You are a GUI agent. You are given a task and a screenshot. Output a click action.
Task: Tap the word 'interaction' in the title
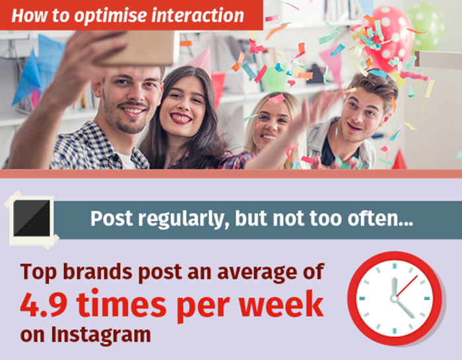coord(198,15)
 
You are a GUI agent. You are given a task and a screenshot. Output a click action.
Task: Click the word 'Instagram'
coord(101,334)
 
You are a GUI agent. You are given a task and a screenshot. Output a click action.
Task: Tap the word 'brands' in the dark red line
coord(98,272)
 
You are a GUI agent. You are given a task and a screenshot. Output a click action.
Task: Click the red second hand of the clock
coord(407,286)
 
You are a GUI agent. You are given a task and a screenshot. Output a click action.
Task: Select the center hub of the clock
coord(394,299)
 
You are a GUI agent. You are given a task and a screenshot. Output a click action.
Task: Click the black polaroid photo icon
coord(32,218)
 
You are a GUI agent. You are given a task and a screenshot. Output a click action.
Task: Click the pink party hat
coord(201,61)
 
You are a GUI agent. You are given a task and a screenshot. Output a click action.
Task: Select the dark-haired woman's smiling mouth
coord(181,118)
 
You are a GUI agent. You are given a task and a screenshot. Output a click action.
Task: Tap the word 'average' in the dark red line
coord(257,272)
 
